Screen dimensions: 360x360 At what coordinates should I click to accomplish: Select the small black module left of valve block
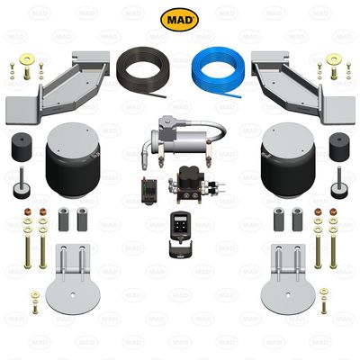144,190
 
